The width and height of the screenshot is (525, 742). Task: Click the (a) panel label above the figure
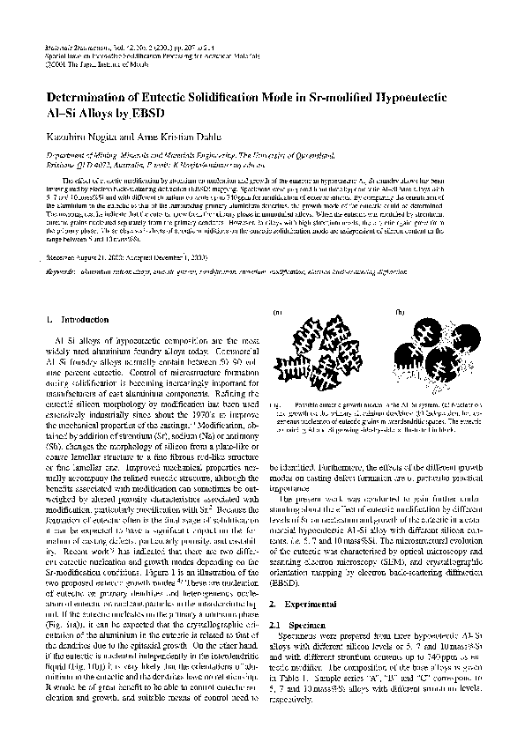(x=279, y=312)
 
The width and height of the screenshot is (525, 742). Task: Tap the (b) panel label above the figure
(x=401, y=312)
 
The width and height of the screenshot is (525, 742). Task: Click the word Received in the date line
(x=64, y=259)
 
